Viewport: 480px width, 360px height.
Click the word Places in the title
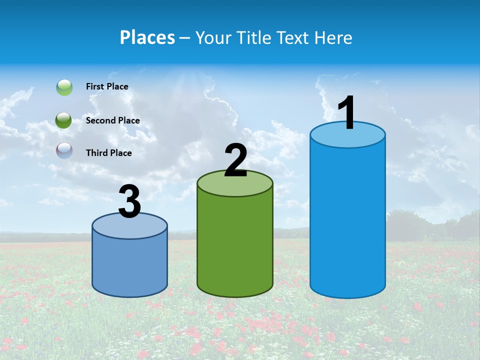coord(147,37)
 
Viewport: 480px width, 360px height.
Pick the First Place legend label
coord(107,86)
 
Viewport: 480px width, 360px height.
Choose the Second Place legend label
coord(112,120)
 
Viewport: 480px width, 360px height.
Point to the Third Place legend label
coord(108,153)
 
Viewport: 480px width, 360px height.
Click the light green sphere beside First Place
coord(64,87)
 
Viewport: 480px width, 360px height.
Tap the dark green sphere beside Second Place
coord(64,120)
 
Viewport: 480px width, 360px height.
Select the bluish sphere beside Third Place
coord(64,150)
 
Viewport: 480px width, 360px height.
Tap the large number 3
coord(130,201)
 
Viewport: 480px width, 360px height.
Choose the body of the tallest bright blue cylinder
coord(347,220)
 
